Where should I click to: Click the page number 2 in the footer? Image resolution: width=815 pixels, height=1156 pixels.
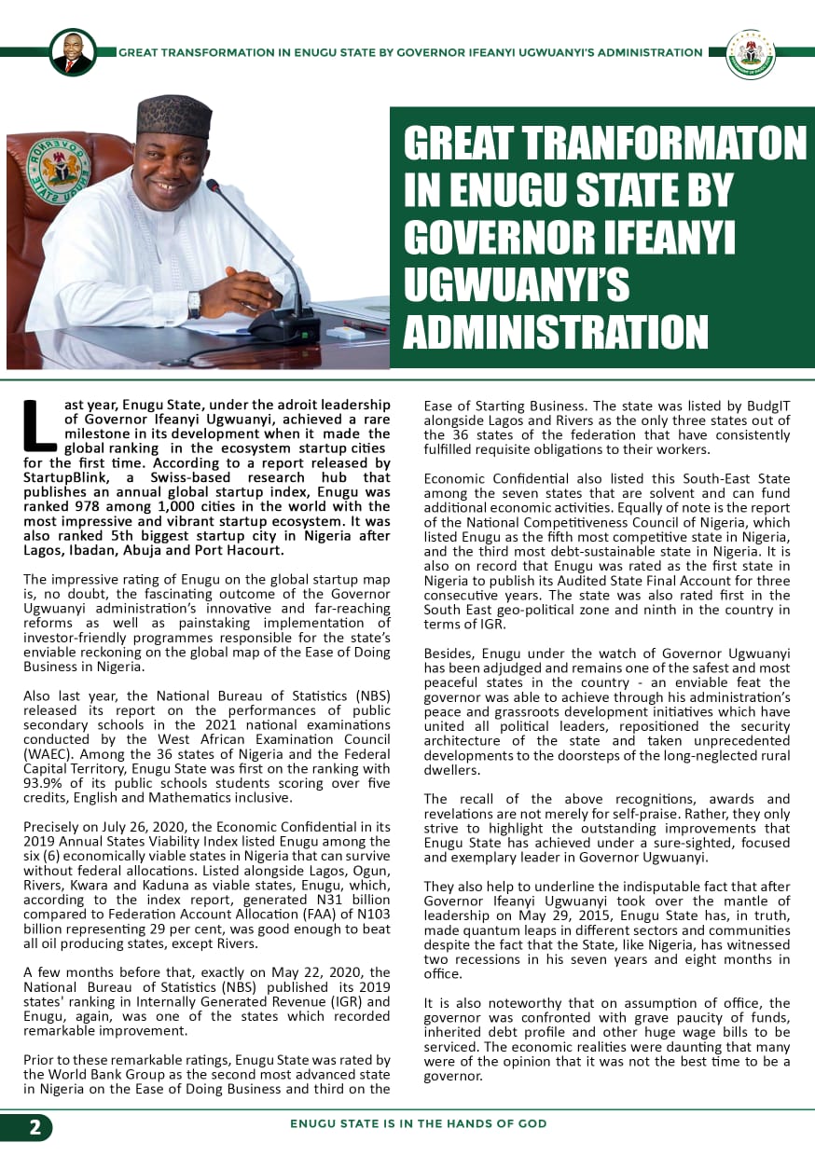[x=35, y=1127]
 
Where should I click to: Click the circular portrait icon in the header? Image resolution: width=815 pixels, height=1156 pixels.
[x=72, y=52]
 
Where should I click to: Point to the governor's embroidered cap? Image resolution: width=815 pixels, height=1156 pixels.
[x=174, y=116]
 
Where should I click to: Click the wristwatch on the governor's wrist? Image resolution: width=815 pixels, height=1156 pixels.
[x=194, y=304]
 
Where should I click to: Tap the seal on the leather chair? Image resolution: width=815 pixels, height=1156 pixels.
[x=58, y=166]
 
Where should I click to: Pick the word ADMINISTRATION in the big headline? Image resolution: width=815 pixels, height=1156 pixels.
[x=556, y=333]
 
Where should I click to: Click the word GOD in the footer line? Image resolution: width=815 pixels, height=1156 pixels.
[x=532, y=1123]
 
